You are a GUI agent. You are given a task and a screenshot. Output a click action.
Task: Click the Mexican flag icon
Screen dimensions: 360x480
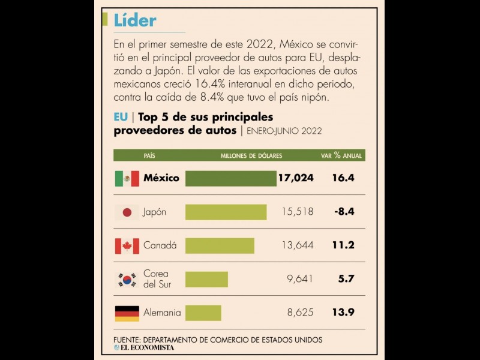127,178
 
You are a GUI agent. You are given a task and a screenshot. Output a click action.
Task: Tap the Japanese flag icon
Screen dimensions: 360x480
127,212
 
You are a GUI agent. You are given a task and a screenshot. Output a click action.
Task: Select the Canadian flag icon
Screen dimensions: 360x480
127,245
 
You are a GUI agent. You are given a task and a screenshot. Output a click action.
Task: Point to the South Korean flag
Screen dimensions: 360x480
127,279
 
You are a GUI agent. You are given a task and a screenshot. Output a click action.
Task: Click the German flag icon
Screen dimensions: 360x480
127,313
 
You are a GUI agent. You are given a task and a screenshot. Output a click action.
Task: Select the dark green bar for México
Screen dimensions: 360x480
230,178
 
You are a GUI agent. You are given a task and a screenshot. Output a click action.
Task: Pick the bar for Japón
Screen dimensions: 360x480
226,212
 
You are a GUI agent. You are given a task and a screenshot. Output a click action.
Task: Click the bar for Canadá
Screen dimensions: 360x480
220,245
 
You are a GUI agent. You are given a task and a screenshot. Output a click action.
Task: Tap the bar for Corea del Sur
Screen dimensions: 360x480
206,279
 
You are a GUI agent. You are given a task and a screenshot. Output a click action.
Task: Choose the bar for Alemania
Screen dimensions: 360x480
203,313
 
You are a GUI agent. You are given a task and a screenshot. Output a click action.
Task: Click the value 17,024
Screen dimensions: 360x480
296,178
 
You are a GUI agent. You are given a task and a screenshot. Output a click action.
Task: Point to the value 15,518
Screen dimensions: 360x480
298,212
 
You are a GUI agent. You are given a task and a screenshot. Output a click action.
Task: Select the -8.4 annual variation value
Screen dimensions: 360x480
344,212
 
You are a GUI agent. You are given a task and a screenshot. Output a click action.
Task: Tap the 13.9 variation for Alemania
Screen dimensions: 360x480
343,313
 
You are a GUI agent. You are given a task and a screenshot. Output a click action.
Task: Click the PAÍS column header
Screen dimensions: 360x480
149,155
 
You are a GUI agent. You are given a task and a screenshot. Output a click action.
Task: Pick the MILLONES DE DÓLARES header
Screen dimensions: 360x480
251,155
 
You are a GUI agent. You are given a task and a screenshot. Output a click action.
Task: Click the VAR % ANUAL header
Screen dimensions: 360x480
341,155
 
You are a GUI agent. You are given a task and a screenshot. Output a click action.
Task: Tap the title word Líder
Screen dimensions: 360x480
135,20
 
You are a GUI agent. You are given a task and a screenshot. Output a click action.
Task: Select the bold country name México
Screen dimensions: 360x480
161,178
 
